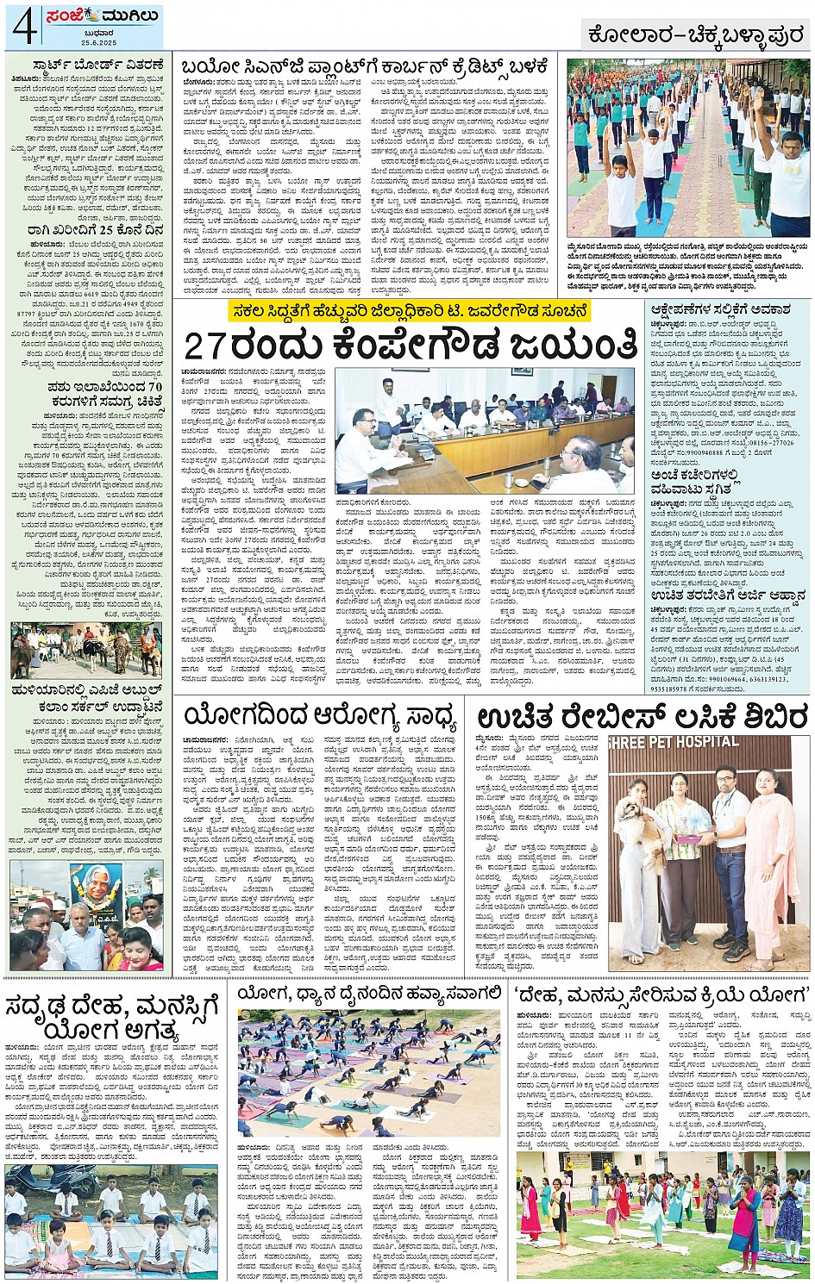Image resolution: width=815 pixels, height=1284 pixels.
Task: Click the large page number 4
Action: (x=24, y=28)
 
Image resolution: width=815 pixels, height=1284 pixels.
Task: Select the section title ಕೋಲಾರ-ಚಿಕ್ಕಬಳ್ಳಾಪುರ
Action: (x=696, y=34)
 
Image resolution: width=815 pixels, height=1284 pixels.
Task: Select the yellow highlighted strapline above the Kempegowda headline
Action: (x=410, y=309)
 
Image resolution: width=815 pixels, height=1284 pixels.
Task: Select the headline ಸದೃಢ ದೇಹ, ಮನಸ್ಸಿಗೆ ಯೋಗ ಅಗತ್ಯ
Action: (x=112, y=1017)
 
